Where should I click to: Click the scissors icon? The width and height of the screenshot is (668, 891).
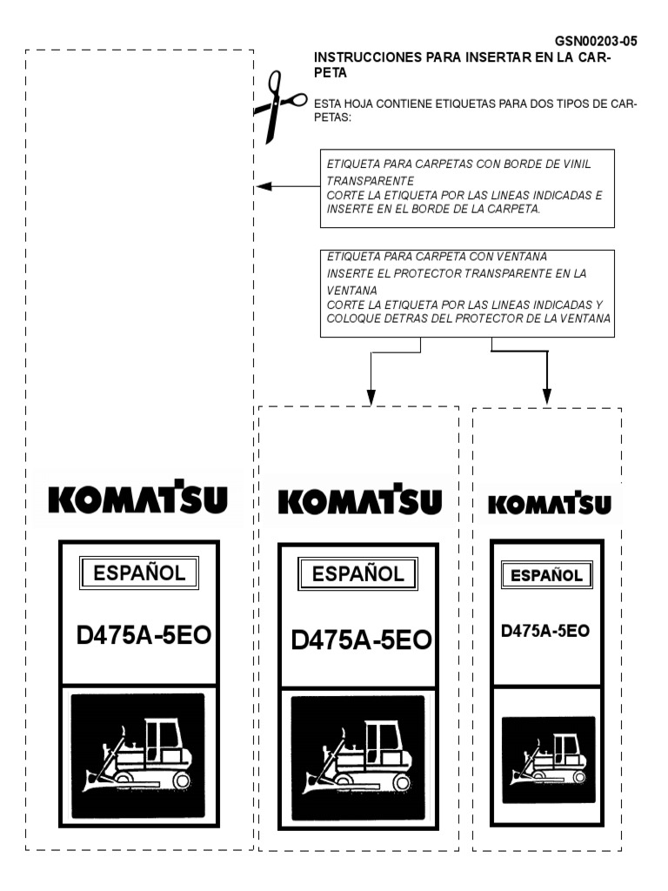tap(277, 105)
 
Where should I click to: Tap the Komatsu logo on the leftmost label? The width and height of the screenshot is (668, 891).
tap(138, 499)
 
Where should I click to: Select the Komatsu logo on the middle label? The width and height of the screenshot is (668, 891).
tap(360, 501)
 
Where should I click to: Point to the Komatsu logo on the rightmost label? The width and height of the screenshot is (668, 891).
tap(549, 504)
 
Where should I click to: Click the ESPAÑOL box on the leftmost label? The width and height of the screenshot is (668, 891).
tap(139, 573)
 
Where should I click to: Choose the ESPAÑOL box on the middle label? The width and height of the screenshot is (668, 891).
tap(357, 574)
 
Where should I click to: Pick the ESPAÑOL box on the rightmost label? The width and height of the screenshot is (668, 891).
tap(546, 575)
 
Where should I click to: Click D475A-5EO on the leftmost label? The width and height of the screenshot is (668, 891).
tap(144, 635)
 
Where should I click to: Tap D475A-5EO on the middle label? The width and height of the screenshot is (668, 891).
tap(361, 640)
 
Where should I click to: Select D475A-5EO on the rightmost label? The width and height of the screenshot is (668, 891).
tap(545, 631)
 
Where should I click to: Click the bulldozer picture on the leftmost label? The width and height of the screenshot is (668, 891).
tap(138, 755)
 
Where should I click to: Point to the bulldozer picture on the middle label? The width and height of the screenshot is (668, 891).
tap(358, 758)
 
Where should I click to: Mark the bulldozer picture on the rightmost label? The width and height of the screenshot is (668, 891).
tap(548, 759)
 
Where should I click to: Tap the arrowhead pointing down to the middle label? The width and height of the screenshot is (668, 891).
tap(371, 397)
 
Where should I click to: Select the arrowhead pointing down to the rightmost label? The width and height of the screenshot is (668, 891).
tap(547, 397)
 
